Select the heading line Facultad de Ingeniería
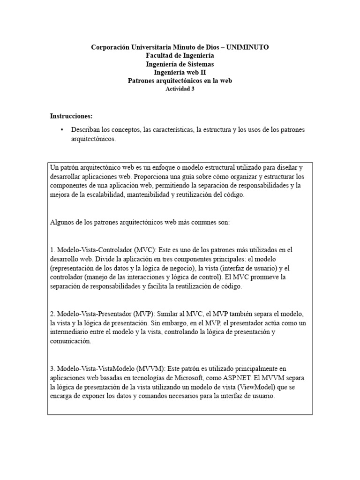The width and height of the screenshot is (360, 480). tap(180, 56)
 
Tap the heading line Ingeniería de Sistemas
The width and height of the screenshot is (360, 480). tap(180, 64)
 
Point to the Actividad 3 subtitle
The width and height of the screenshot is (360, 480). tap(180, 89)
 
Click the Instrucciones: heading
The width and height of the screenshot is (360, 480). tap(71, 115)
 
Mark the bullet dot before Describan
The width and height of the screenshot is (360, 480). tap(62, 129)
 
